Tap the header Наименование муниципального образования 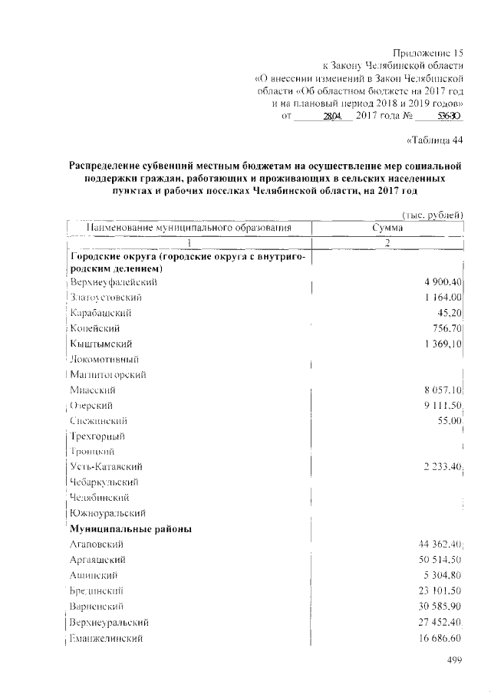point(189,228)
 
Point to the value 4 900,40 point(441,282)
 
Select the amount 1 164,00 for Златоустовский point(441,298)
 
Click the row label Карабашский point(101,313)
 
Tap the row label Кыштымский point(101,344)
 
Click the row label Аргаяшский point(97,560)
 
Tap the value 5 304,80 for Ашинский point(441,575)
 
